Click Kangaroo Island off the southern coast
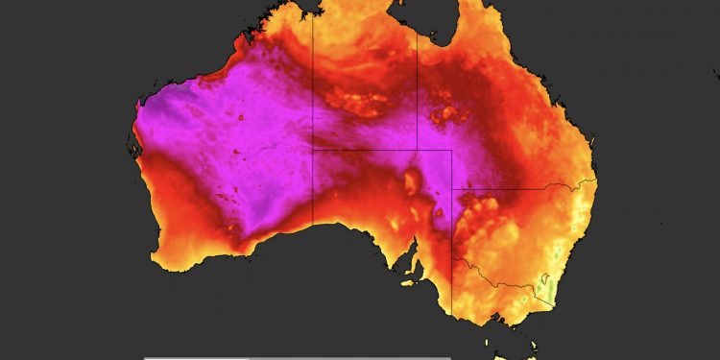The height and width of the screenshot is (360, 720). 410,280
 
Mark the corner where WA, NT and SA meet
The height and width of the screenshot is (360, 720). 313,150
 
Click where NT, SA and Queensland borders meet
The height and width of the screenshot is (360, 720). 417,150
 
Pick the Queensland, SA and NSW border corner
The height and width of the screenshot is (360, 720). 452,189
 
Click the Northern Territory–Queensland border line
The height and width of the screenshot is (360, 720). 417,96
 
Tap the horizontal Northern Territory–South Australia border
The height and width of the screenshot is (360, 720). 365,150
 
